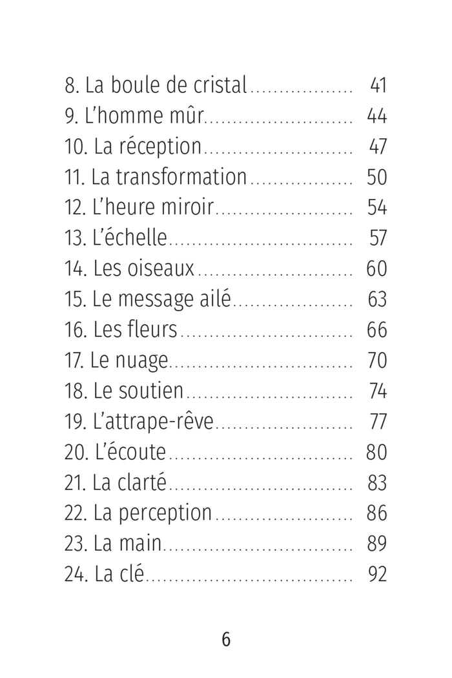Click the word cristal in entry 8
220,85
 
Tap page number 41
378,85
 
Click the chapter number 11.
74,177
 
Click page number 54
376,207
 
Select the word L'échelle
130,238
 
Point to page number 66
376,330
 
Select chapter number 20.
76,452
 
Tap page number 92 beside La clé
377,575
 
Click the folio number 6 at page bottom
226,639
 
